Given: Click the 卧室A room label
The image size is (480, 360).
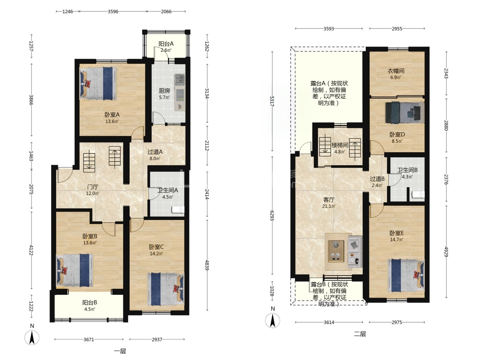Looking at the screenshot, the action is pyautogui.click(x=112, y=115).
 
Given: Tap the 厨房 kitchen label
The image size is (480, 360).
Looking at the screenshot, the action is pyautogui.click(x=164, y=91).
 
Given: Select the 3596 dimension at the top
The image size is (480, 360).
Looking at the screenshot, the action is pyautogui.click(x=113, y=11).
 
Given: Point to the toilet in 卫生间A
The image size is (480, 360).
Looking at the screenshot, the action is pyautogui.click(x=178, y=209).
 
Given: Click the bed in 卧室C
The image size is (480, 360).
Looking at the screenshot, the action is pyautogui.click(x=166, y=289).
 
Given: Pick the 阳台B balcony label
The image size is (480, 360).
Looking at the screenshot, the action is pyautogui.click(x=90, y=302).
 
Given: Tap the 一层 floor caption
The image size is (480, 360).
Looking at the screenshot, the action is pyautogui.click(x=120, y=351).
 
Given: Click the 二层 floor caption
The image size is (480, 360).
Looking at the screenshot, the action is pyautogui.click(x=360, y=334).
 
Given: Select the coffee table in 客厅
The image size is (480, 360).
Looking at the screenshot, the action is pyautogui.click(x=336, y=251).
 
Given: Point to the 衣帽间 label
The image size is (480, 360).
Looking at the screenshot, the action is pyautogui.click(x=396, y=71).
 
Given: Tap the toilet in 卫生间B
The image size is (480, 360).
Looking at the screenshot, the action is pyautogui.click(x=418, y=194).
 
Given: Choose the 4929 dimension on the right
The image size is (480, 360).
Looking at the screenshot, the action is pyautogui.click(x=446, y=252).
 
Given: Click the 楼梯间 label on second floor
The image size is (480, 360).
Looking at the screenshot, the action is pyautogui.click(x=340, y=145).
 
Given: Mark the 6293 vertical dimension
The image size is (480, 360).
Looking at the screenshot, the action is pyautogui.click(x=272, y=216).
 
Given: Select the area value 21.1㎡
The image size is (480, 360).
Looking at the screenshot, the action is pyautogui.click(x=329, y=206).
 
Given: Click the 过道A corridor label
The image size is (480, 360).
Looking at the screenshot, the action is pyautogui.click(x=155, y=152).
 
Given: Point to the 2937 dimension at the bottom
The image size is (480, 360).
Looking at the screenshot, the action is pyautogui.click(x=157, y=339).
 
